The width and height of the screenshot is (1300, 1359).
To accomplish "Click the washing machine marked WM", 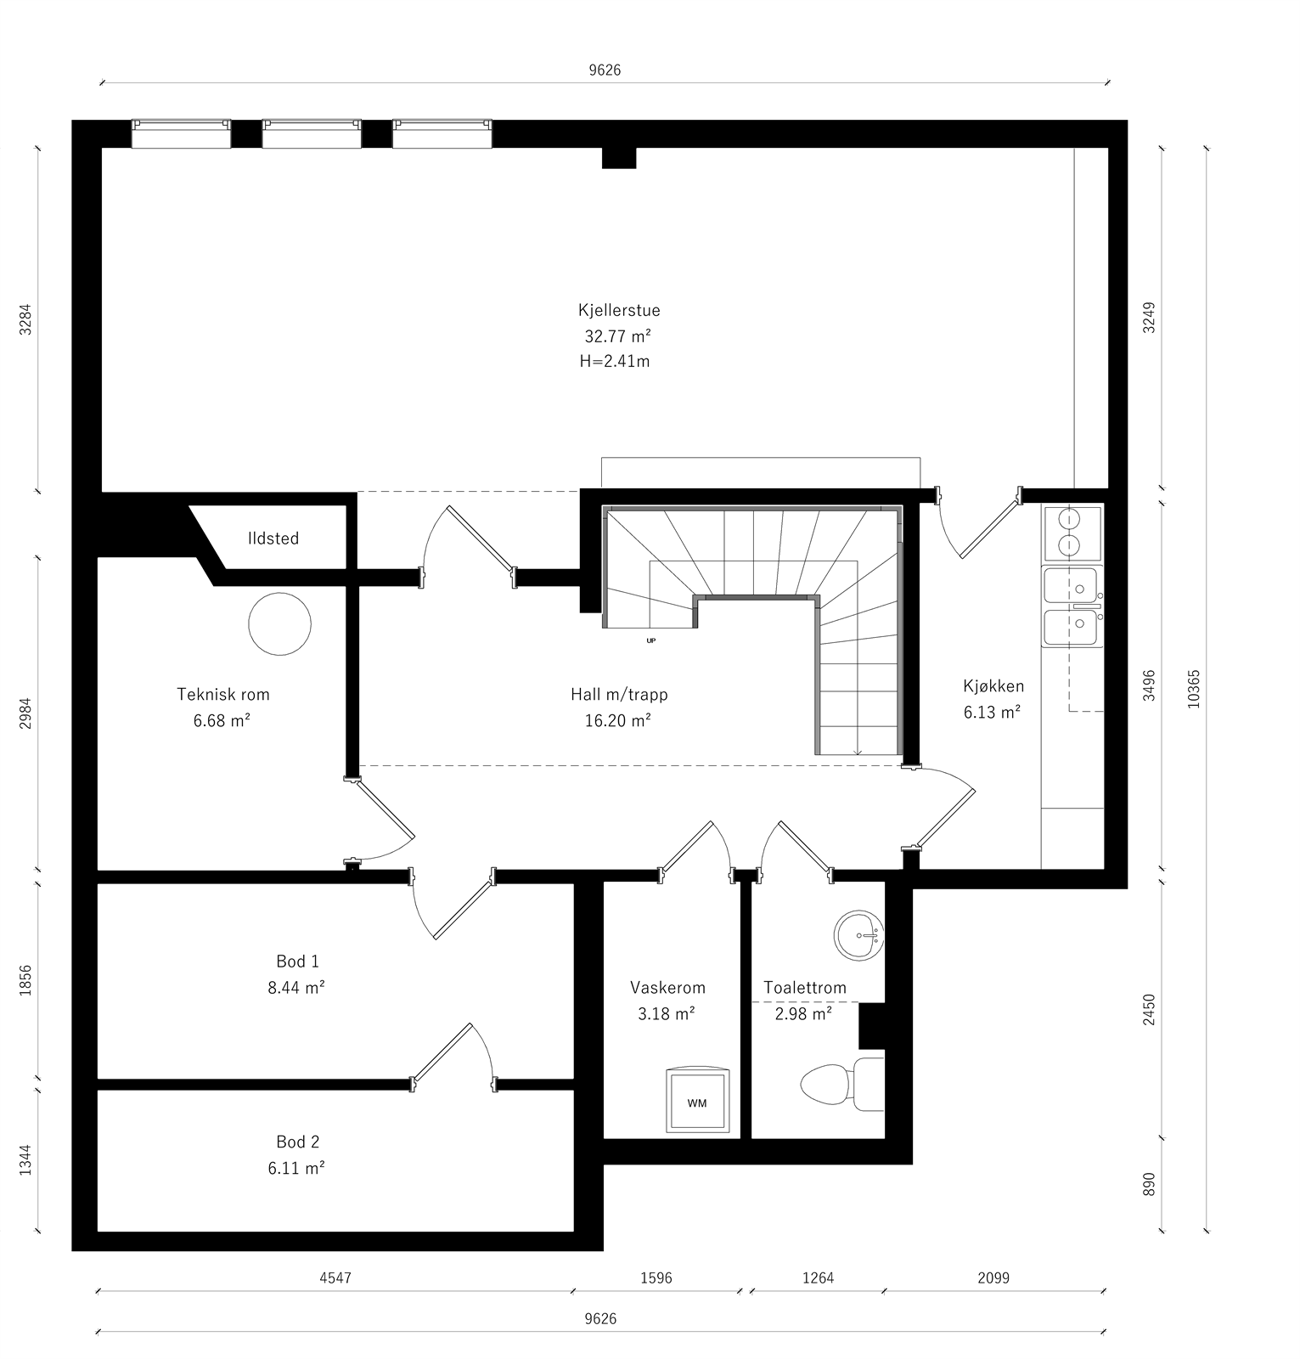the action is (696, 1102).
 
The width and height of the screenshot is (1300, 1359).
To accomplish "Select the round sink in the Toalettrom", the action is (859, 935).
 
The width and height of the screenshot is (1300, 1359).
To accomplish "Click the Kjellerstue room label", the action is (619, 311).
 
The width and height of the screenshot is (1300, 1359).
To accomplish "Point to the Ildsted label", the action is (273, 539).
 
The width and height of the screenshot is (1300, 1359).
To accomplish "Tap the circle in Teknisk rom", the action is (279, 623).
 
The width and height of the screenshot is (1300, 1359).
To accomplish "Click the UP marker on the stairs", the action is (651, 640).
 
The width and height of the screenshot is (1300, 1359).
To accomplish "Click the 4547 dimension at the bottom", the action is (335, 1277).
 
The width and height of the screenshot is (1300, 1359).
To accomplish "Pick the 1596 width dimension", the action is (656, 1277).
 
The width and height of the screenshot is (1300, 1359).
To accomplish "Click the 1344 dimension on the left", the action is (25, 1159).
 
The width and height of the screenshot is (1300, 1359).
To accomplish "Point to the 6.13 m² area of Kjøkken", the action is (992, 713).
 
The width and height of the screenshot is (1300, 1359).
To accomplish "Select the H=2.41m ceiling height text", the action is (615, 361).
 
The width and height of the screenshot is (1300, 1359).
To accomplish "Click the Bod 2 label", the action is (297, 1142).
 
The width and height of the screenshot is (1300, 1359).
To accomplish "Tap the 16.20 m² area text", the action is (617, 720).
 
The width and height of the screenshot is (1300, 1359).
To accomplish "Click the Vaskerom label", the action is (667, 988).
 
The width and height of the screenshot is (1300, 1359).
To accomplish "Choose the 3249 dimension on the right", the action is (1149, 318).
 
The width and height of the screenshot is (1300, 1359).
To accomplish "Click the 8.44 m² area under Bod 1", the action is (296, 988).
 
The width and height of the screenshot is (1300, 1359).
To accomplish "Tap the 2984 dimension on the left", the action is (25, 713).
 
